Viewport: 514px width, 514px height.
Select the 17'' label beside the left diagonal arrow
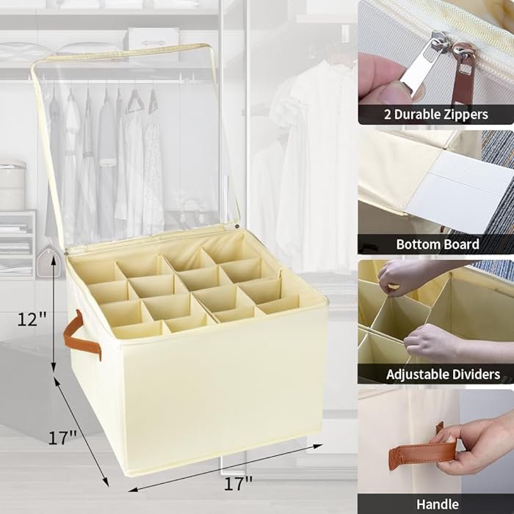(x=63, y=438)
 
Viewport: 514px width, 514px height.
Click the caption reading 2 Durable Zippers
(x=436, y=115)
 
